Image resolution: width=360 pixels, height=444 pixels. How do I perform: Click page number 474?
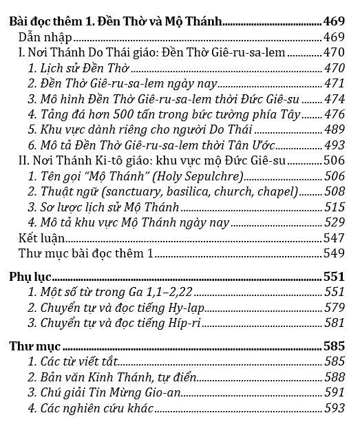pos(335,99)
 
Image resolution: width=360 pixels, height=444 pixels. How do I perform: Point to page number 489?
pos(335,129)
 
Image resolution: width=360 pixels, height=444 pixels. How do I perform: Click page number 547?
pos(335,238)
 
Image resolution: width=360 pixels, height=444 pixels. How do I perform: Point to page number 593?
pos(335,409)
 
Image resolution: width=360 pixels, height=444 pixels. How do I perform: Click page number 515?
pos(335,207)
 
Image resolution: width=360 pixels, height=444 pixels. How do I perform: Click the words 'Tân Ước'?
pos(253,145)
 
